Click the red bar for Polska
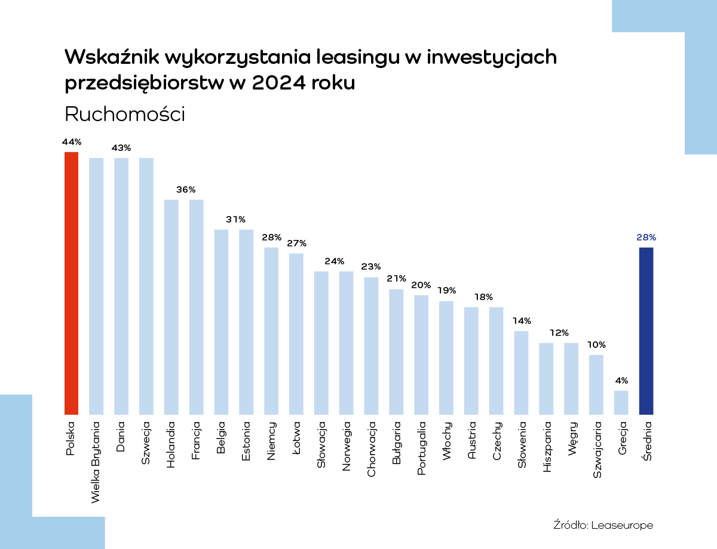(71, 283)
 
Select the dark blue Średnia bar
(646, 331)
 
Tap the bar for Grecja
(621, 402)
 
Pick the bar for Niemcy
(271, 331)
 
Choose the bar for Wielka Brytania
(96, 286)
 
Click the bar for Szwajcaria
(596, 384)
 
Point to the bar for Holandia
(171, 307)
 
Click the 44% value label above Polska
(71, 142)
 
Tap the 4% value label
(621, 381)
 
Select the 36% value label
(186, 190)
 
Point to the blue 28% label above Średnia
(646, 238)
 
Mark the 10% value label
(596, 345)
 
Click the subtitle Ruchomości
(125, 114)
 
